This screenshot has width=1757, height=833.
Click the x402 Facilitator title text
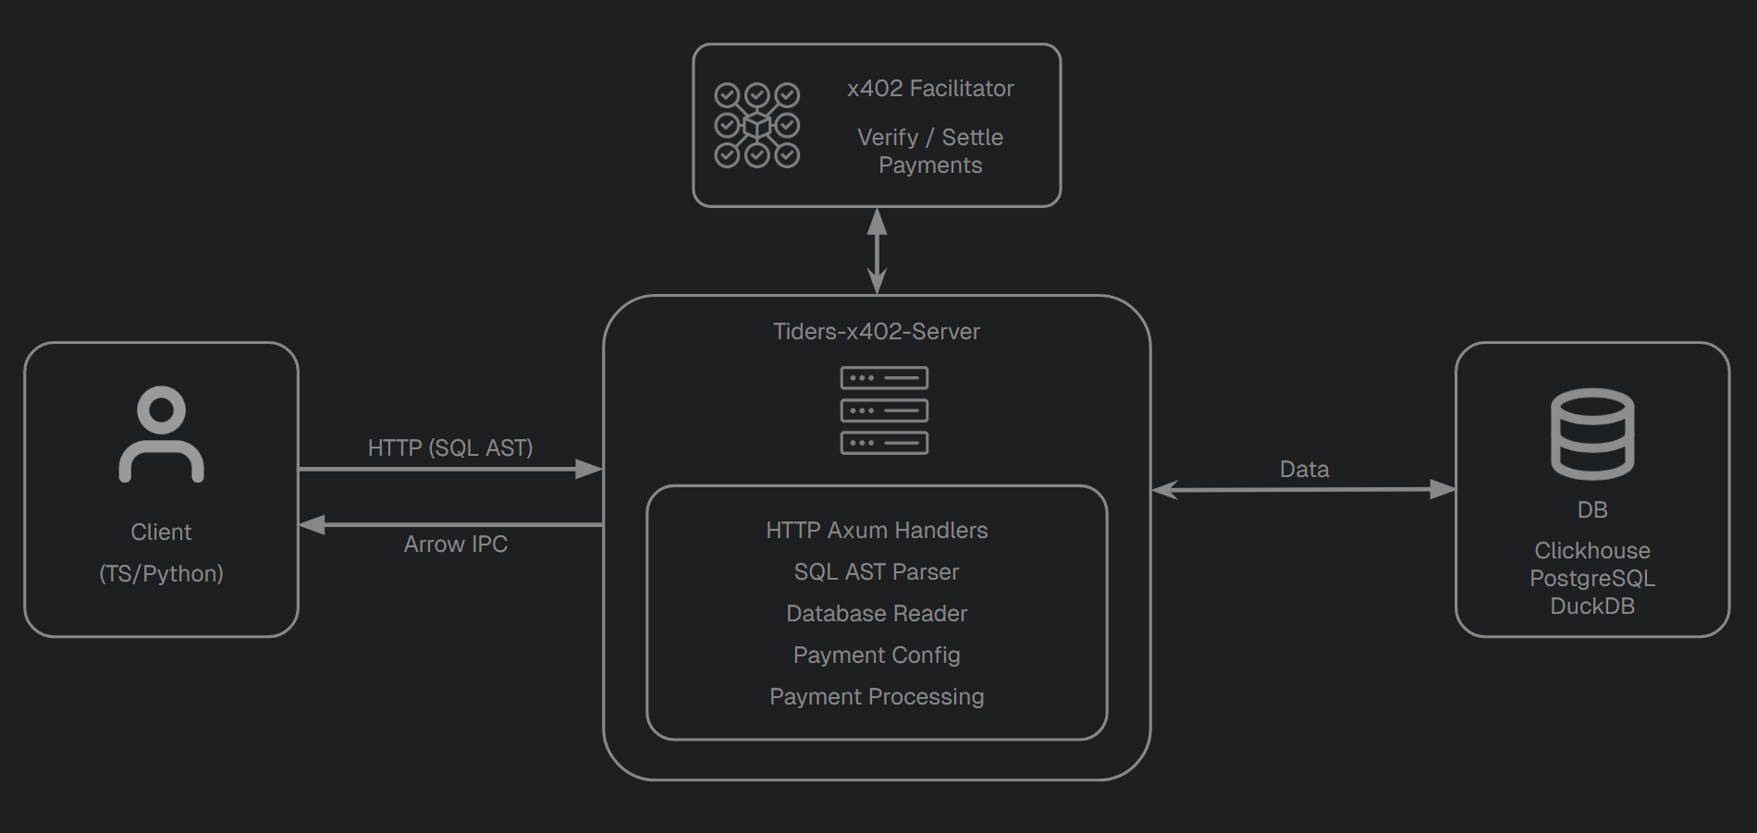point(930,89)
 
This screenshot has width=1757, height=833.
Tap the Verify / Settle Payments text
point(930,151)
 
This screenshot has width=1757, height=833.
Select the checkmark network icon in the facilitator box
point(756,126)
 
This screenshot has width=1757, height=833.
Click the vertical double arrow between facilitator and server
point(877,251)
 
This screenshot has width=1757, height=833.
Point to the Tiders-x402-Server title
point(876,331)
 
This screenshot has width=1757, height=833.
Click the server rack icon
point(884,410)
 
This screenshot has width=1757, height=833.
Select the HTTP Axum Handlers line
point(877,530)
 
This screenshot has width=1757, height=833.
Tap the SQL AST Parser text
point(877,571)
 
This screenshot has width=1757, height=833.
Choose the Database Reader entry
point(877,613)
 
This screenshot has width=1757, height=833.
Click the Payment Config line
point(877,655)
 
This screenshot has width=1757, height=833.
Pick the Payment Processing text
point(877,696)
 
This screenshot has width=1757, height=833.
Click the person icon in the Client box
point(161,435)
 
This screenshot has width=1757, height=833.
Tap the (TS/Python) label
point(161,573)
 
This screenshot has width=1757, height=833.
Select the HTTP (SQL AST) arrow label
point(450,447)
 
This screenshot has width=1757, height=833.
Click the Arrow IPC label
point(455,544)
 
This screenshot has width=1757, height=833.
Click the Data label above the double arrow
point(1304,469)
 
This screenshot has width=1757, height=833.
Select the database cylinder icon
point(1591,434)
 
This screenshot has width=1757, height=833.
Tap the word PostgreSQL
point(1591,578)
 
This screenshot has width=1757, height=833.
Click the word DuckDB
point(1591,606)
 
